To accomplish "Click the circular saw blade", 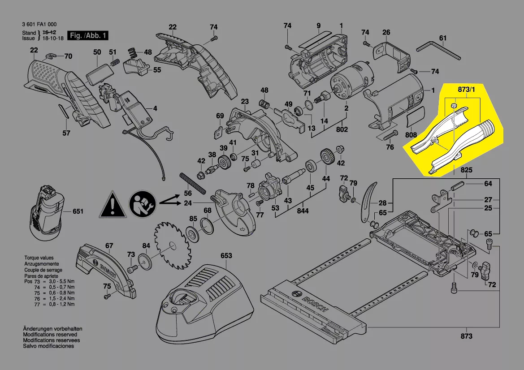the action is [x=173, y=245].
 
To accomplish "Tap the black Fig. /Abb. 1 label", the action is [x=88, y=35].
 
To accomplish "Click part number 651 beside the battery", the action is [x=78, y=211].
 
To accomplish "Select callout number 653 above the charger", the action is [x=226, y=256].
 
